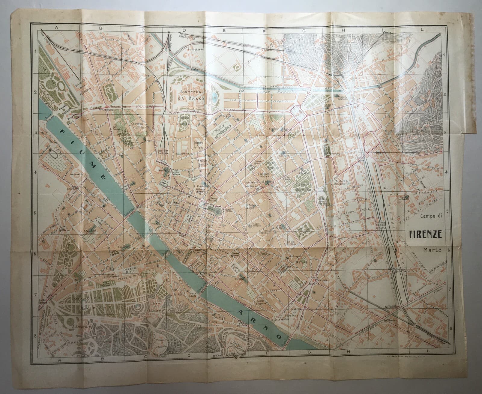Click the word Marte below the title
tap(433, 249)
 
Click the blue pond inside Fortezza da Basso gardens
tap(215, 97)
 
